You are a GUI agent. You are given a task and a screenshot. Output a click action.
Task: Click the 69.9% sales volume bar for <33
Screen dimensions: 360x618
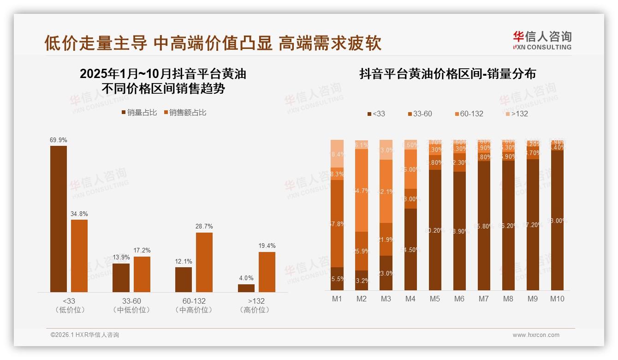coord(59,219)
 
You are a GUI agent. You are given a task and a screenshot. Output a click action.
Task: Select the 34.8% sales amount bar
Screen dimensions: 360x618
coord(79,256)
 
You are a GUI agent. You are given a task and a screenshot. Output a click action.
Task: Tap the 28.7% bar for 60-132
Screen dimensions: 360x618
coord(204,262)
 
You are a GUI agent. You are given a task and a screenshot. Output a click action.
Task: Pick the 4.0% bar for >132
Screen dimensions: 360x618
coord(246,288)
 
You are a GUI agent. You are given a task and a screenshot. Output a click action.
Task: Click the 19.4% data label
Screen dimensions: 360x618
coord(267,246)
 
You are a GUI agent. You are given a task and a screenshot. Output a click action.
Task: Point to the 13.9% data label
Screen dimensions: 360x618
coord(121,258)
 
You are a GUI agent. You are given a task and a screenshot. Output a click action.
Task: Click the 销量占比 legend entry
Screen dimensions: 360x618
coord(139,113)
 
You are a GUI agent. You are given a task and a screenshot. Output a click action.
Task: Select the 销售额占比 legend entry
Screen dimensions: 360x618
coord(185,113)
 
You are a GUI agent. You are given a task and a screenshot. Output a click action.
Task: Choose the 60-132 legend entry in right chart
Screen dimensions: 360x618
coord(469,114)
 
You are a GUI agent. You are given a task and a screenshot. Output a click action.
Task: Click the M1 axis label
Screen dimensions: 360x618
coord(337,299)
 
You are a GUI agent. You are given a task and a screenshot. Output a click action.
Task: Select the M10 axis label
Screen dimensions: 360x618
coord(557,299)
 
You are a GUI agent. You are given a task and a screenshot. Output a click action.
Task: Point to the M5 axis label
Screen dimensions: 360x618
coord(434,299)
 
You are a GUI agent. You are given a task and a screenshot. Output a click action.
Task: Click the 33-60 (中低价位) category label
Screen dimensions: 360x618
coord(131,306)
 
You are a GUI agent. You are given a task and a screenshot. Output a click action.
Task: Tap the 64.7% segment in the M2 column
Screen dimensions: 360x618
coord(362,190)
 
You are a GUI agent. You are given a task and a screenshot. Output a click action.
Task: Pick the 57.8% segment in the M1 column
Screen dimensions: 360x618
coord(337,223)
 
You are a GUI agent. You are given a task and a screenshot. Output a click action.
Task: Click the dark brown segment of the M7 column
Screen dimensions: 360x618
coord(483,226)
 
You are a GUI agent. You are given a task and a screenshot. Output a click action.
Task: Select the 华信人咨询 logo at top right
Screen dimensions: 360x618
coord(542,40)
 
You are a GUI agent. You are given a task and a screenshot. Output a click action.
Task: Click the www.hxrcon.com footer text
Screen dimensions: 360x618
coord(536,335)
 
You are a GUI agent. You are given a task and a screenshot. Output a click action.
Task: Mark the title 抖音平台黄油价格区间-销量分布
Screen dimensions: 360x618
coord(447,74)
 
